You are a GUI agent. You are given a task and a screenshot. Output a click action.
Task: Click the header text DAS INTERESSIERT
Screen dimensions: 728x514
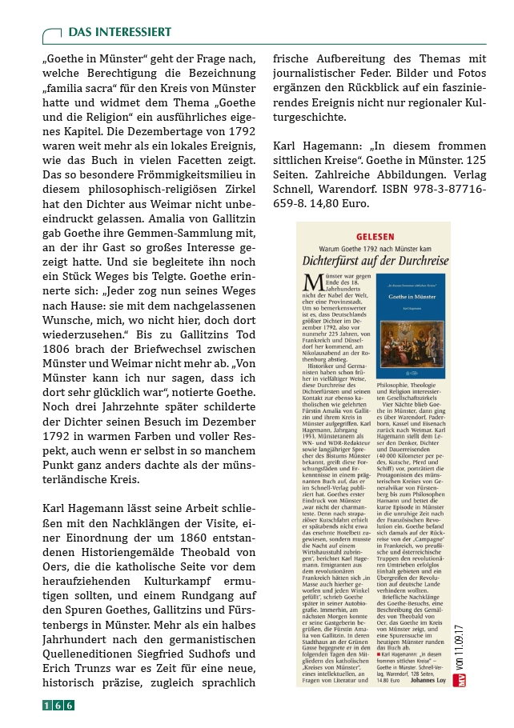(x=119, y=32)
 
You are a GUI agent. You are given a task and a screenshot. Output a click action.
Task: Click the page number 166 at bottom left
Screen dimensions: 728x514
(x=58, y=705)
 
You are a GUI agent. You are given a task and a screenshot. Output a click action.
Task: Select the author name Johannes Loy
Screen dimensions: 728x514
(x=430, y=682)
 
